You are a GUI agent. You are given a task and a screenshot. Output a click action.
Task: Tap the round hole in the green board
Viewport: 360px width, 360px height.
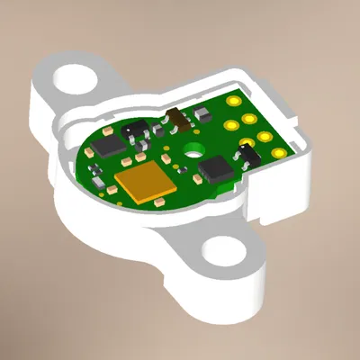[193, 151]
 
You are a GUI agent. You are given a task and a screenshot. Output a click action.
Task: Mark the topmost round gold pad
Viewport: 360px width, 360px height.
[234, 102]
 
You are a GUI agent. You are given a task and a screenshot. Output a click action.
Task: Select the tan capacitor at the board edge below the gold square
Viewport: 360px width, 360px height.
[160, 202]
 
